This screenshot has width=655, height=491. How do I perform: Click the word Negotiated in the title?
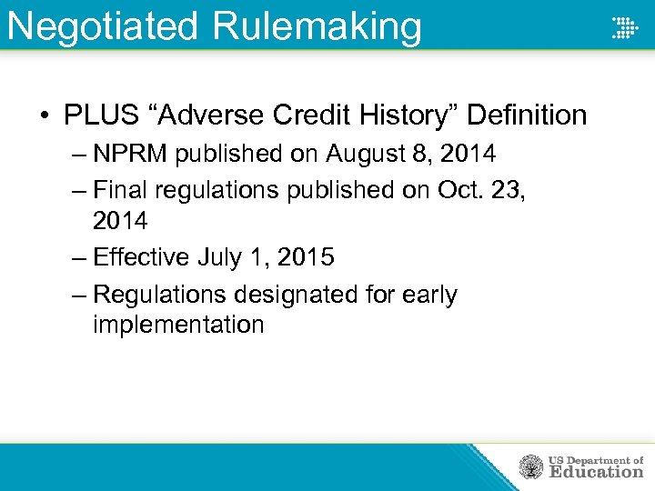103,25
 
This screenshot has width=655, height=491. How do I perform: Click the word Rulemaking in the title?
317,25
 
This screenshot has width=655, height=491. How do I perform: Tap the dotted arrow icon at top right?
624,27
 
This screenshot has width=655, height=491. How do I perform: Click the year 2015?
305,257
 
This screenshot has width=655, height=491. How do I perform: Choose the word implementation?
178,325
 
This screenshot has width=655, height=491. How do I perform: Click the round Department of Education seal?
530,467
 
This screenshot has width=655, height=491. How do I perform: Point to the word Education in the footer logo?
595,472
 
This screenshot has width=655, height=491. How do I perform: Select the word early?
428,296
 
